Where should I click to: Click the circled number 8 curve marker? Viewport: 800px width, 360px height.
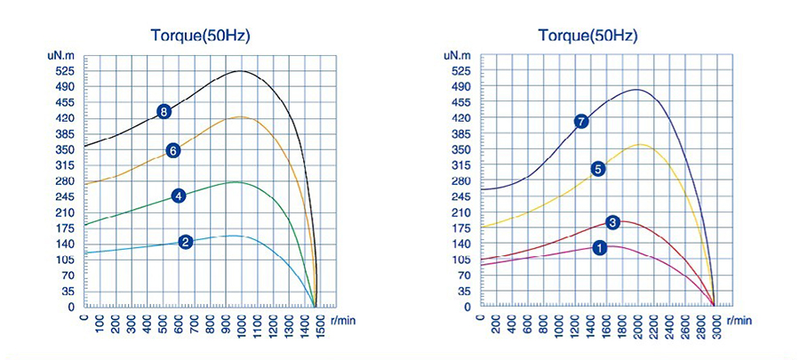(164, 112)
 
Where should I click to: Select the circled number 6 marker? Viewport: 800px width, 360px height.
(174, 150)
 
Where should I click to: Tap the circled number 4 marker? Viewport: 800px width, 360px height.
(179, 196)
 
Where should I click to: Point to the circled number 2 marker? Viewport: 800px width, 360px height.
(186, 242)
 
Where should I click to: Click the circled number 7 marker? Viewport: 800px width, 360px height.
(581, 121)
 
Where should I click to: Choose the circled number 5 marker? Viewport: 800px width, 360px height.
(598, 169)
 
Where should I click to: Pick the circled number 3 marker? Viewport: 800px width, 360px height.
(612, 222)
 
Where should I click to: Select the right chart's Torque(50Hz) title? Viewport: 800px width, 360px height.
(588, 36)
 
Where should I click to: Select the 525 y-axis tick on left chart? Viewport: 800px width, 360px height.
(65, 71)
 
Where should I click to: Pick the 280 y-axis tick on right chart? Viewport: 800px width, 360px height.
(461, 181)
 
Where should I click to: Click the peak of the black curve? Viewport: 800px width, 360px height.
(240, 70)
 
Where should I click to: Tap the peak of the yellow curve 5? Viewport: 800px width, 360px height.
(639, 144)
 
